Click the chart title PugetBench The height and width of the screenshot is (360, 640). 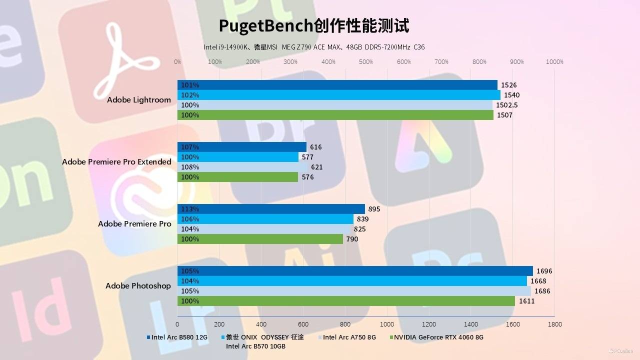tap(313, 25)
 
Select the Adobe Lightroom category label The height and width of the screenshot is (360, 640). tap(138, 100)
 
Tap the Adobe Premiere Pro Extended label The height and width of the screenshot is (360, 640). tap(116, 162)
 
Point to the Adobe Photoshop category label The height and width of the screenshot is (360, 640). tap(138, 286)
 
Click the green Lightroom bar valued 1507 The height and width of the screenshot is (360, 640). tap(335, 115)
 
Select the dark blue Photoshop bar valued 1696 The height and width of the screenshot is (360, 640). tap(355, 271)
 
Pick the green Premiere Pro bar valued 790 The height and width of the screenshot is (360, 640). tap(260, 239)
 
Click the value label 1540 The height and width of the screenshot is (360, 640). tap(511, 95)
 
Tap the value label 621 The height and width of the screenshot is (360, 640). tap(316, 167)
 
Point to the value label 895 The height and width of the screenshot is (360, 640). tap(374, 209)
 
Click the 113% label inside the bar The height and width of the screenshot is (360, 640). tap(190, 209)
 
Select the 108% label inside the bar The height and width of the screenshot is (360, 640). tap(190, 167)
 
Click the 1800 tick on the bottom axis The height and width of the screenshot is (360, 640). tap(554, 324)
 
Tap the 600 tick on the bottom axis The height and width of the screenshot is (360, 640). tap(303, 324)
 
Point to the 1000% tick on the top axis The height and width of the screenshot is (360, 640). tap(554, 62)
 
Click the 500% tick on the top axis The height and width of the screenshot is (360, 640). tap(366, 62)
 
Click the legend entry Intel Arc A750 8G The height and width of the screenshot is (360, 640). tap(349, 337)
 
